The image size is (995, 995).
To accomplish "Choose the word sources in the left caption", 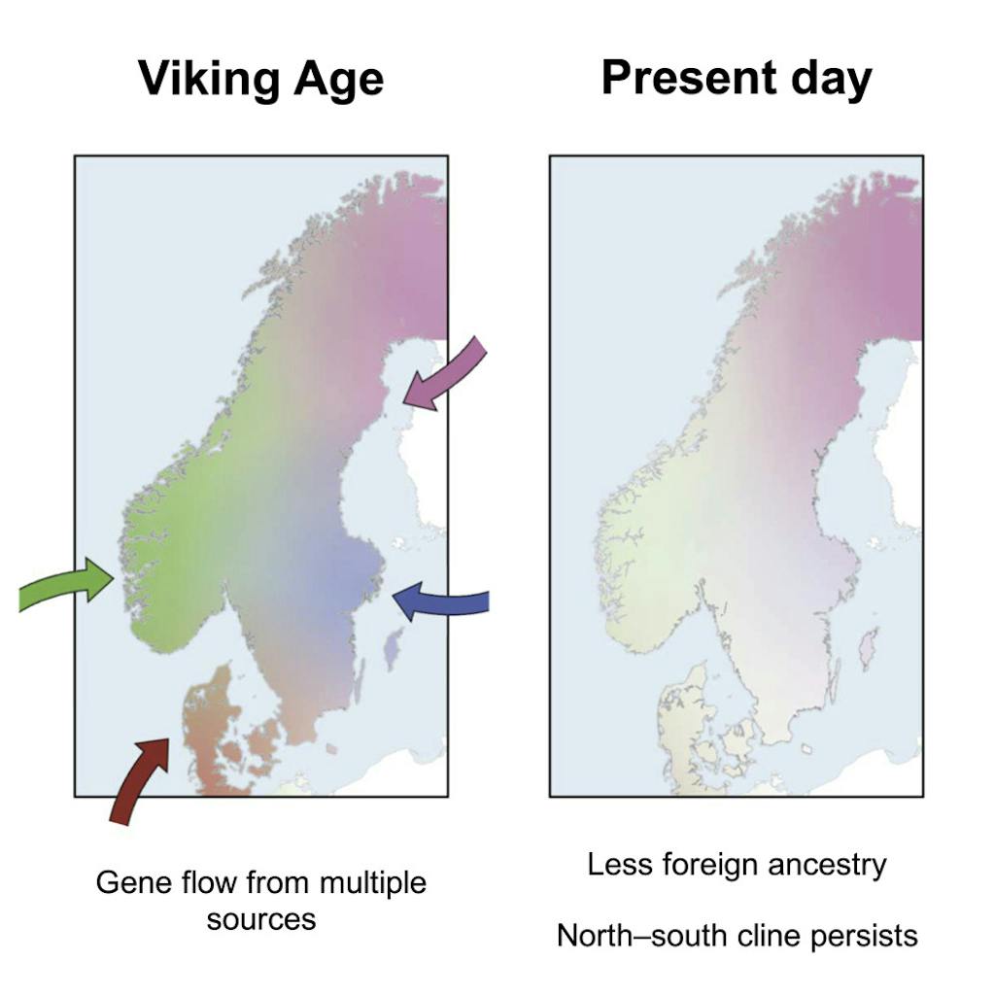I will pyautogui.click(x=260, y=918).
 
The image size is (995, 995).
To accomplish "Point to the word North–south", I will pyautogui.click(x=637, y=936).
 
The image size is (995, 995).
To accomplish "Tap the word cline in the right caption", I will pyautogui.click(x=761, y=936).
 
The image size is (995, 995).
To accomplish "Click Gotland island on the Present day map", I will pyautogui.click(x=869, y=647).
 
